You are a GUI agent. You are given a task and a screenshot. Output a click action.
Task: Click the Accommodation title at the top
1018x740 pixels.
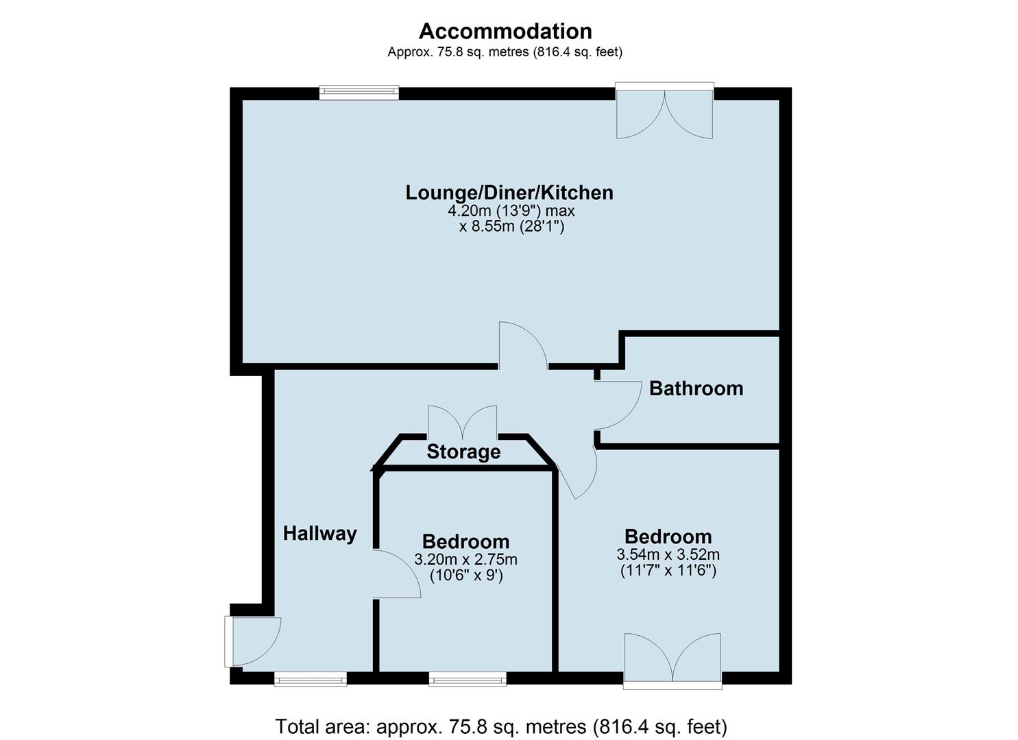coord(505,31)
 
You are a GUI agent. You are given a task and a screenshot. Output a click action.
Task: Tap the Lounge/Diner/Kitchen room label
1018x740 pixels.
coord(509,193)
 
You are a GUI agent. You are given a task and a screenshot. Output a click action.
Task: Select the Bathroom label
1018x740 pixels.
coord(696,388)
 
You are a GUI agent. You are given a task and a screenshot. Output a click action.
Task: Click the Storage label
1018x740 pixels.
coord(463,452)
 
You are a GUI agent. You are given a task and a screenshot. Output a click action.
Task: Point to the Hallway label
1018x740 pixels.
coord(320,533)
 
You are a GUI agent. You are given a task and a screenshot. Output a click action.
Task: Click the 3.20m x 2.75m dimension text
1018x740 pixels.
coord(465,560)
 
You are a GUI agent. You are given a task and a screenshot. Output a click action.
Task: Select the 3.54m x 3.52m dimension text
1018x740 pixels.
coord(668,554)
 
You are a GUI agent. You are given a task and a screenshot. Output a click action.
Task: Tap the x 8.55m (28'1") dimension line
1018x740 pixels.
coord(511,227)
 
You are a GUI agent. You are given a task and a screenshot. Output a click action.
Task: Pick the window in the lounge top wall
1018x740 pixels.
coord(359,92)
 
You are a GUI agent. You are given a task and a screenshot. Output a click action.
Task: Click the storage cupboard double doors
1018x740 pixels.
coord(462,422)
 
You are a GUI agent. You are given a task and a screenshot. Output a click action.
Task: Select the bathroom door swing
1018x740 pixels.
coord(617,404)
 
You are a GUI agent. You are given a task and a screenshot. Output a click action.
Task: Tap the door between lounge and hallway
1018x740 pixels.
coord(522,347)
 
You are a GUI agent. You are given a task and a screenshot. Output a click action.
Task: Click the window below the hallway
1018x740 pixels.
coord(310,679)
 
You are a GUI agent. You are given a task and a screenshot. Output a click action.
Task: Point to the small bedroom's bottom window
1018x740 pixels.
coord(468,679)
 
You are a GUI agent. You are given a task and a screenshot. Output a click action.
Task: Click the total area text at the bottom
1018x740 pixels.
coord(500,726)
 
